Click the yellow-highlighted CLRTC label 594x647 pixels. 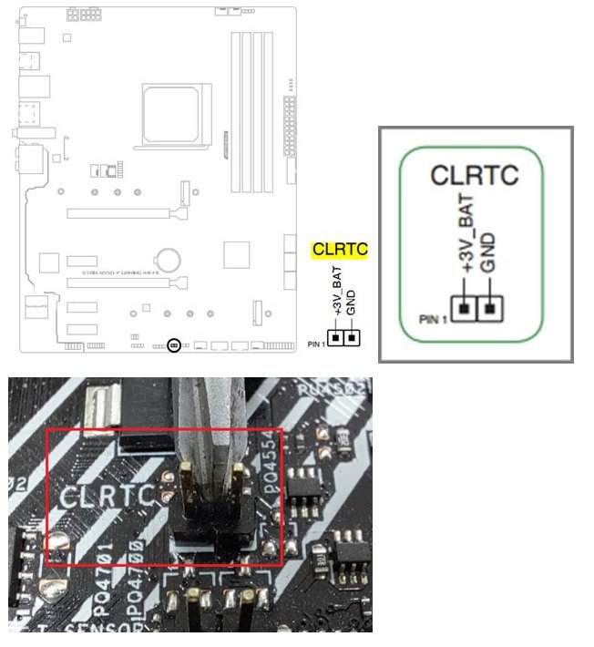[x=339, y=249]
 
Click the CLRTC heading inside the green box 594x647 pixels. [x=476, y=176]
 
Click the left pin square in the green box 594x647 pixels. [x=465, y=310]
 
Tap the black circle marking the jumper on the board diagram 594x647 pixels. [x=175, y=345]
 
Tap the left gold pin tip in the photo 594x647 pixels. [x=187, y=473]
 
